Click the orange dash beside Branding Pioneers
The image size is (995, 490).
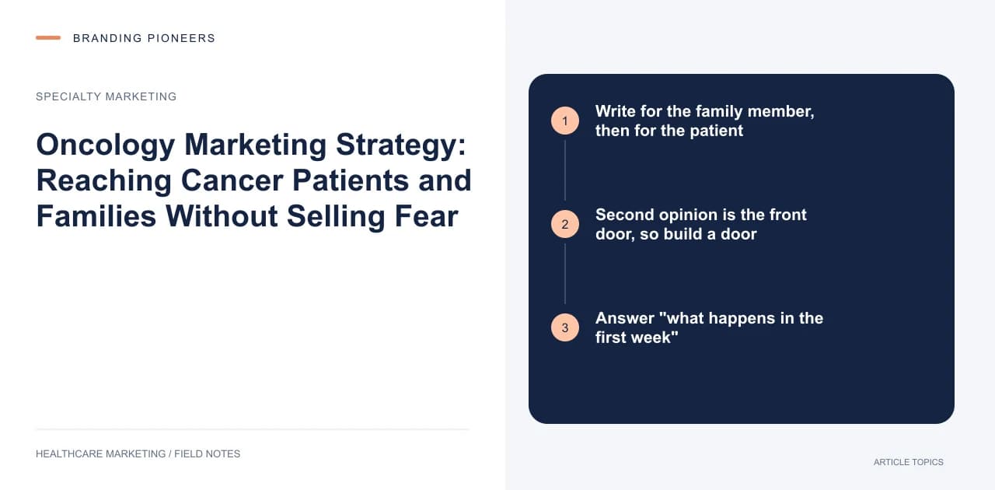click(x=48, y=38)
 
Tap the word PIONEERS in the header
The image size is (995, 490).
click(x=181, y=38)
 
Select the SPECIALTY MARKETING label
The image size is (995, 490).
click(x=106, y=96)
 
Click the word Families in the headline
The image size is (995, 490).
click(x=96, y=216)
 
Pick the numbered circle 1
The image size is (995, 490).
click(x=565, y=121)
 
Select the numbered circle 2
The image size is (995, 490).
click(x=565, y=224)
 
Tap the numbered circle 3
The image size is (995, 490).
click(x=565, y=327)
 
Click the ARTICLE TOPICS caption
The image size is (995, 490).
click(x=909, y=463)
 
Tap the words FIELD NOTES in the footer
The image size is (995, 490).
click(x=207, y=454)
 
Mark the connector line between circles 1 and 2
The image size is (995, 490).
click(x=565, y=170)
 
